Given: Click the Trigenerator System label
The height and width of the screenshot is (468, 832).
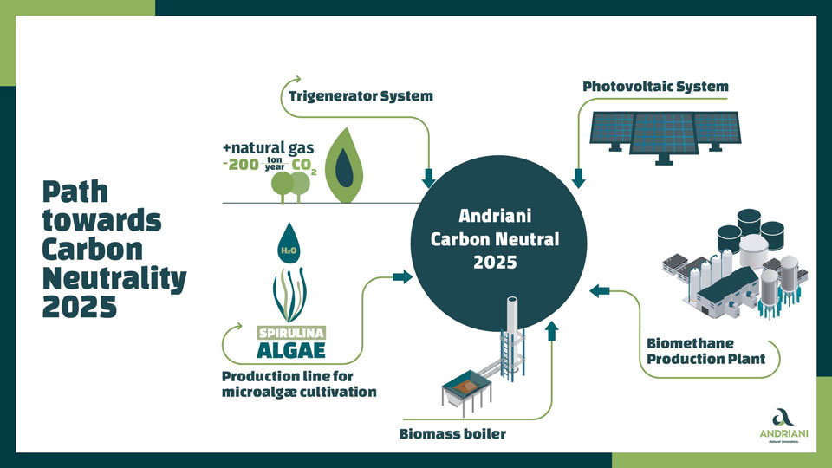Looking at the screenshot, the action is tap(361, 96).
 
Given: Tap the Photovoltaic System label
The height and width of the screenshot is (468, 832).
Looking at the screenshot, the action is tap(655, 87).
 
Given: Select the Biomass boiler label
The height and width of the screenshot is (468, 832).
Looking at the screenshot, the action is tap(452, 434).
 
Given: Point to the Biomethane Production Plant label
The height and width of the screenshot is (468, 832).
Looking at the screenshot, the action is tap(705, 351).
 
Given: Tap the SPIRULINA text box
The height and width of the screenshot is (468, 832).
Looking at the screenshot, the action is tap(291, 333).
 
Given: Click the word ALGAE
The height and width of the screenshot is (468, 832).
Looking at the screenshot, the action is tap(291, 350).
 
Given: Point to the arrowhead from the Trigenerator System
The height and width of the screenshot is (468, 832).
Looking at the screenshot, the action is tap(428, 179).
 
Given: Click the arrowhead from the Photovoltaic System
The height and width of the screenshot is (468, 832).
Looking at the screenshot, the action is tap(578, 179).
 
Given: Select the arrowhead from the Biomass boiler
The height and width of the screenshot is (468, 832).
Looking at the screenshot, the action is tap(552, 330).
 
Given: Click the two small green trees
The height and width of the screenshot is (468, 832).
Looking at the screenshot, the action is tap(291, 186).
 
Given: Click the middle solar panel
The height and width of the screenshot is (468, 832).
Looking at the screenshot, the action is tap(664, 135).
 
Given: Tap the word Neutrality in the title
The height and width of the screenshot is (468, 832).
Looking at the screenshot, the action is tap(114, 278).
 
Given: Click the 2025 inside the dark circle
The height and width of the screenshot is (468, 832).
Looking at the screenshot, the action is tap(495, 262).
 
